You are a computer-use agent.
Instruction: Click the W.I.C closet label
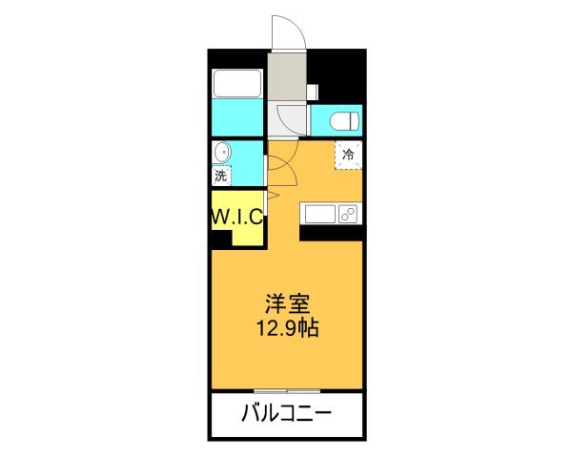[236, 217]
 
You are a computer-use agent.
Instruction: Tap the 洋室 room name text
[286, 306]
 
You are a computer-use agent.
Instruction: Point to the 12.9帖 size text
[286, 330]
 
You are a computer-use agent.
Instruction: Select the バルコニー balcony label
[286, 415]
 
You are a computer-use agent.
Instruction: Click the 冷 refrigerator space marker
[348, 154]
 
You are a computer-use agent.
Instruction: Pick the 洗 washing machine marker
[221, 176]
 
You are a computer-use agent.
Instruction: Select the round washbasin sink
[221, 153]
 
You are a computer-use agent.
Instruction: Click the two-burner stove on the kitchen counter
[348, 213]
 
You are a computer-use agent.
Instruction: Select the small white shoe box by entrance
[312, 91]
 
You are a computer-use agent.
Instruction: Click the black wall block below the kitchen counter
[331, 232]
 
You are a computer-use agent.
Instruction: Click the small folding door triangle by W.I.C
[272, 196]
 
